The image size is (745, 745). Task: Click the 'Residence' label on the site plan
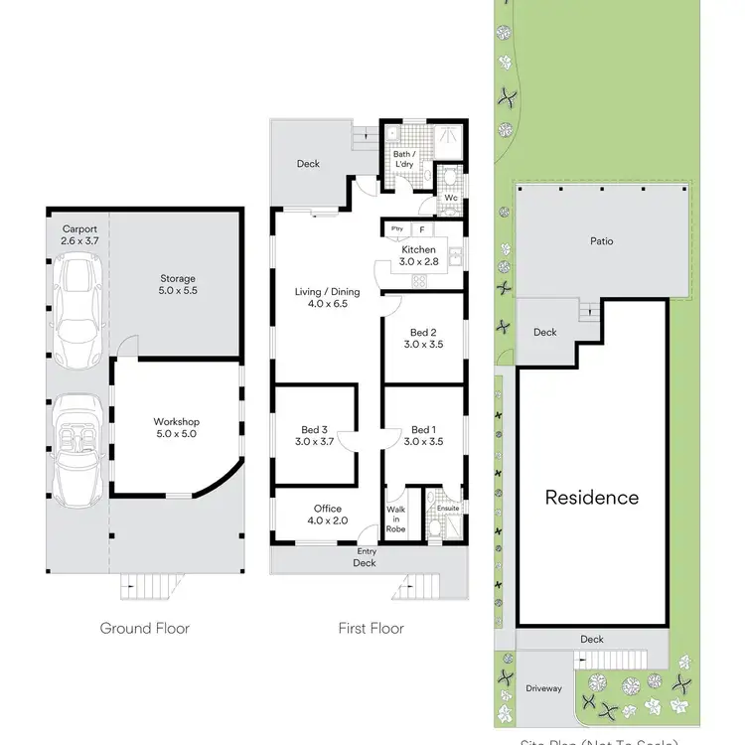[592, 498]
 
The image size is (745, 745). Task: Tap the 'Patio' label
[601, 241]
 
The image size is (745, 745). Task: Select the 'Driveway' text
[543, 688]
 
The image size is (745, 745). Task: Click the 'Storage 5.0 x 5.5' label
[178, 285]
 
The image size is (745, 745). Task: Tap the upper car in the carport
[77, 308]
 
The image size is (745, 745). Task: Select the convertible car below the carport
[77, 450]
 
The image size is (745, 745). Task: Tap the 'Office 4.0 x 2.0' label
[327, 515]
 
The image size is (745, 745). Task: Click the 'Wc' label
[450, 198]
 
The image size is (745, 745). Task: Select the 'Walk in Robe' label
[396, 520]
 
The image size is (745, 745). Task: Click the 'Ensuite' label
[448, 508]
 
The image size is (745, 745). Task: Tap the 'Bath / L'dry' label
[404, 160]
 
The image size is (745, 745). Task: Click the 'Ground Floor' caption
[145, 628]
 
